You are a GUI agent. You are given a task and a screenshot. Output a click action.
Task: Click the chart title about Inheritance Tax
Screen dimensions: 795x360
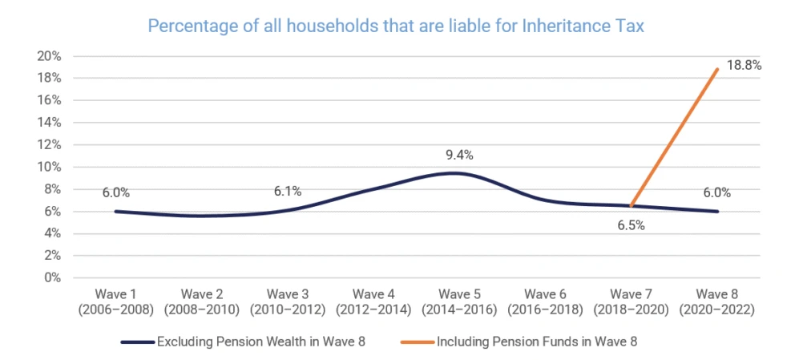coord(396,26)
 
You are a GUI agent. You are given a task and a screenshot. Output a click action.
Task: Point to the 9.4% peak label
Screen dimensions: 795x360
coord(458,156)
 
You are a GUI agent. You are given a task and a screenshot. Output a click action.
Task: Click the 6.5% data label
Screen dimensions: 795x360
coord(630,225)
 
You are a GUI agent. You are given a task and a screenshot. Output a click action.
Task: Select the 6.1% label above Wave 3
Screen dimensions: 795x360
coord(287,192)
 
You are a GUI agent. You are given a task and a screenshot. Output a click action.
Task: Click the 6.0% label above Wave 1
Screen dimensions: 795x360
coord(115,193)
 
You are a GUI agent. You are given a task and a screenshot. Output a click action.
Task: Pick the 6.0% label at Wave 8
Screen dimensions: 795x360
coord(717,193)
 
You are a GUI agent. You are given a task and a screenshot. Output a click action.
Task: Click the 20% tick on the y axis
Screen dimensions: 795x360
coord(49,56)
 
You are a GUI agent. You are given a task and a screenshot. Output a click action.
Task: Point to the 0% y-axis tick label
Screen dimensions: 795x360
coord(52,278)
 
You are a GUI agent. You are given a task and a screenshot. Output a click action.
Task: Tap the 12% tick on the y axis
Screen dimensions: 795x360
coord(49,145)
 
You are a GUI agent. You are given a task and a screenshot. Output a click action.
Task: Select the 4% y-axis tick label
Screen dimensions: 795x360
coord(52,234)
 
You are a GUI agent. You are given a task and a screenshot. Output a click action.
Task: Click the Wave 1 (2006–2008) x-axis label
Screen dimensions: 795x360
coord(115,301)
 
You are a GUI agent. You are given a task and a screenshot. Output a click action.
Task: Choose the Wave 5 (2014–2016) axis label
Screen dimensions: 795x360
coord(459,301)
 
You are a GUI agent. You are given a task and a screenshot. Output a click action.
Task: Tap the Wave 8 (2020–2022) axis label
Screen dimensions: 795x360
coord(716,301)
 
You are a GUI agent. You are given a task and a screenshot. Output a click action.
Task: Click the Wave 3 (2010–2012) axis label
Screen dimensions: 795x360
coord(287,301)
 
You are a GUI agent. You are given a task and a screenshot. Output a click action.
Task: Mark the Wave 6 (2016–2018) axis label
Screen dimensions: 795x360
coord(544,301)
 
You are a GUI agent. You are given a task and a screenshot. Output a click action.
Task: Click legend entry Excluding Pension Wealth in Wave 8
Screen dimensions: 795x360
coord(243,342)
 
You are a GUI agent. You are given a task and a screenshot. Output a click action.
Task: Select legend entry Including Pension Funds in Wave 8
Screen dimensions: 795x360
coord(519,342)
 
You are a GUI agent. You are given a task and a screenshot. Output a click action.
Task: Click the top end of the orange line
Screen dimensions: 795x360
coord(718,69)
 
